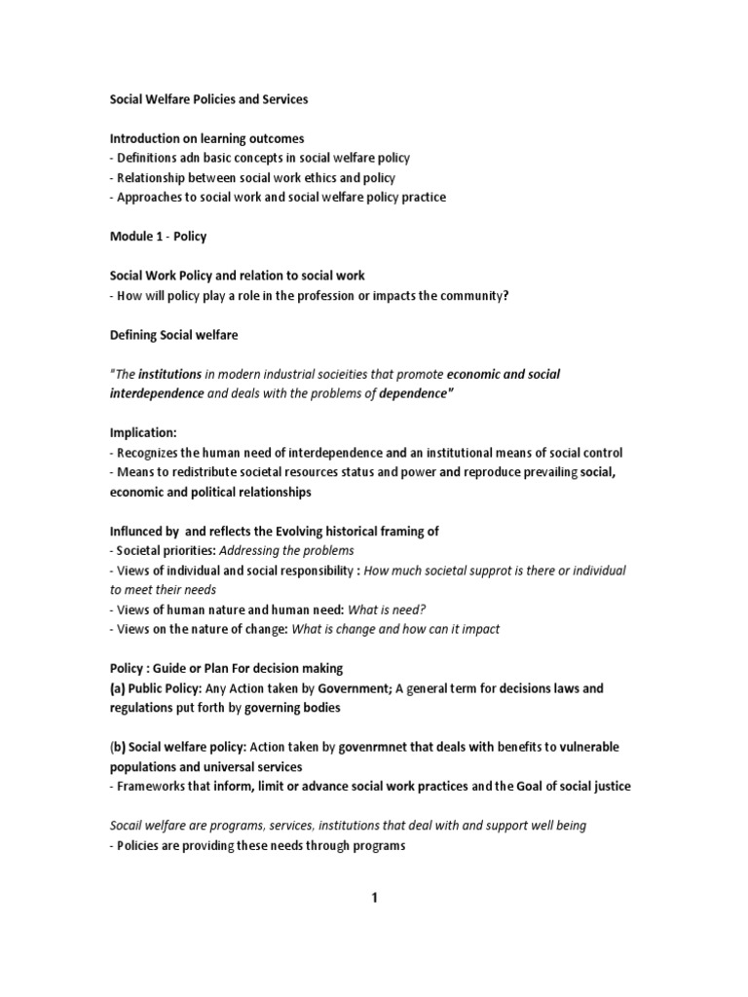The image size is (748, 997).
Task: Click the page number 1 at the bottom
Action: [374, 898]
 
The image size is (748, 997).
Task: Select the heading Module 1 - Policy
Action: [158, 237]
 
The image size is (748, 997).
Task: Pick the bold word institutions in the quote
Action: [170, 374]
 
